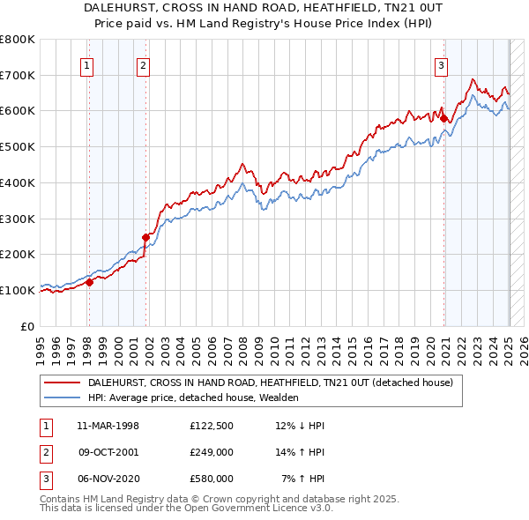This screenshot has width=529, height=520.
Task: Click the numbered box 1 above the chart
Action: (88, 63)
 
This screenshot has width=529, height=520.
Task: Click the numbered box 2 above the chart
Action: (143, 63)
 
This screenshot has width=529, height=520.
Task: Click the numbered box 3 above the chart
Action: (441, 63)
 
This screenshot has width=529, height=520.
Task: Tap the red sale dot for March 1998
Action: (89, 282)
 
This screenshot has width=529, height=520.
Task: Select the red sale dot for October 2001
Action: (146, 236)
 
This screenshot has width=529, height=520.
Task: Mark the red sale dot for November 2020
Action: (445, 118)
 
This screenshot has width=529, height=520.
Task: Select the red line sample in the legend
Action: (63, 383)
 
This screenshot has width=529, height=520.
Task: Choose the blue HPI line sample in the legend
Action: (63, 397)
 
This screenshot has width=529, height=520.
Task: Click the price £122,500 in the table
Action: (212, 426)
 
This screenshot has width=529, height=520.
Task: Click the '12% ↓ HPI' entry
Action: (301, 426)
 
